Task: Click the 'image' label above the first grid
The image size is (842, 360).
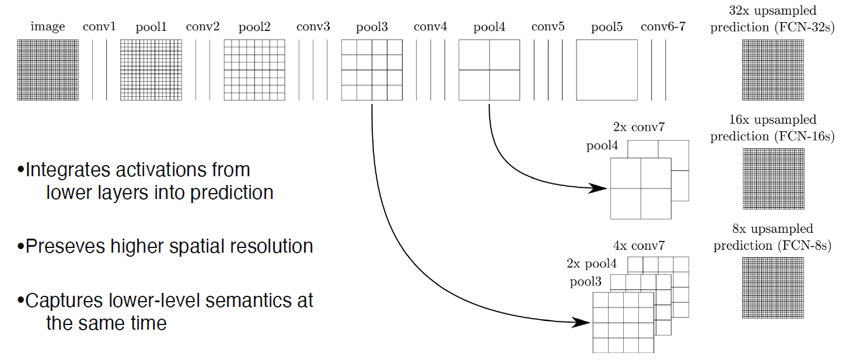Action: (48, 27)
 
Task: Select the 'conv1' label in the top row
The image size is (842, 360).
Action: (99, 27)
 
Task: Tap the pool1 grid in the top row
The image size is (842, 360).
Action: (151, 70)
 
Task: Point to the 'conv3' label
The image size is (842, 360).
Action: (313, 27)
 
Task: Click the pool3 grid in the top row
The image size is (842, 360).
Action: (372, 70)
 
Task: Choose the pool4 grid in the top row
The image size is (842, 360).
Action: (489, 70)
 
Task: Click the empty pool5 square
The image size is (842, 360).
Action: (607, 70)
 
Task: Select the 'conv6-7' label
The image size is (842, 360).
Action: (663, 27)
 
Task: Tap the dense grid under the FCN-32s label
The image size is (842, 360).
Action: (772, 70)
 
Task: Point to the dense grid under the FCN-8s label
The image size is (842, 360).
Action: (772, 288)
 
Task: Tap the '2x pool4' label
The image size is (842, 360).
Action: (591, 263)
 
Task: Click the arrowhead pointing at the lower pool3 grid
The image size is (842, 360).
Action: (582, 322)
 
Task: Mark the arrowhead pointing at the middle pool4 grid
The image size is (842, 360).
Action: (600, 188)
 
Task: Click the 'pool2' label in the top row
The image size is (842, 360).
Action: (254, 27)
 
